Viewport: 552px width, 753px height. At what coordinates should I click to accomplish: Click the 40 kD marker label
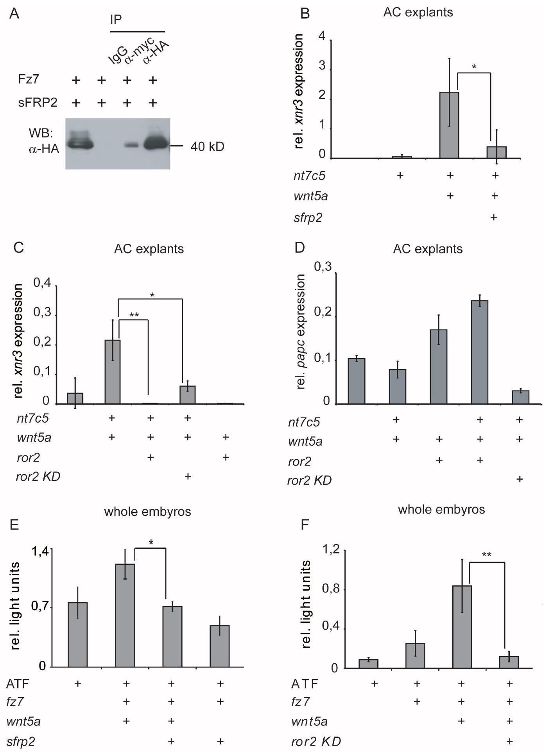[x=207, y=146]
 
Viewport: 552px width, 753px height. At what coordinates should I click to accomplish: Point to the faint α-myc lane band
[x=132, y=145]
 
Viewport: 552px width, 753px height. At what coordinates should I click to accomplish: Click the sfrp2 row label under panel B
[x=308, y=217]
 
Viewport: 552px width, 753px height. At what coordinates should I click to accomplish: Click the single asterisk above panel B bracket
[x=474, y=67]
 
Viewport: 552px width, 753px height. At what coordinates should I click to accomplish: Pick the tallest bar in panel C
[x=113, y=371]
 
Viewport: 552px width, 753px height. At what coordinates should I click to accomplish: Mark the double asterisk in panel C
[x=134, y=315]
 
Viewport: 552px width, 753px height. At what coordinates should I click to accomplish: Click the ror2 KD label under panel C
[x=38, y=476]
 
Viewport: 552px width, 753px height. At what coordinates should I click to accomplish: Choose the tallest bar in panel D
[x=480, y=352]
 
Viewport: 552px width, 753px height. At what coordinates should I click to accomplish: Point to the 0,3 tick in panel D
[x=323, y=267]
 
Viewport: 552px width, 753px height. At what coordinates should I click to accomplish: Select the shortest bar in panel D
[x=520, y=397]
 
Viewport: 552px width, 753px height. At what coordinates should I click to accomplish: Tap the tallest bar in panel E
[x=125, y=615]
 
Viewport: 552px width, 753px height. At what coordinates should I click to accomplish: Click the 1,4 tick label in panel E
[x=40, y=551]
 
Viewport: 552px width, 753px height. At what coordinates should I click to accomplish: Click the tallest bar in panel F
[x=462, y=626]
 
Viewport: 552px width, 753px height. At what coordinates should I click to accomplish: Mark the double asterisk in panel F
[x=487, y=555]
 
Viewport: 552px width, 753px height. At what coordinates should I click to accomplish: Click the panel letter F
[x=305, y=525]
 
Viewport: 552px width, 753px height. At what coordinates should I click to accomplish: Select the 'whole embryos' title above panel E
[x=147, y=512]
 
